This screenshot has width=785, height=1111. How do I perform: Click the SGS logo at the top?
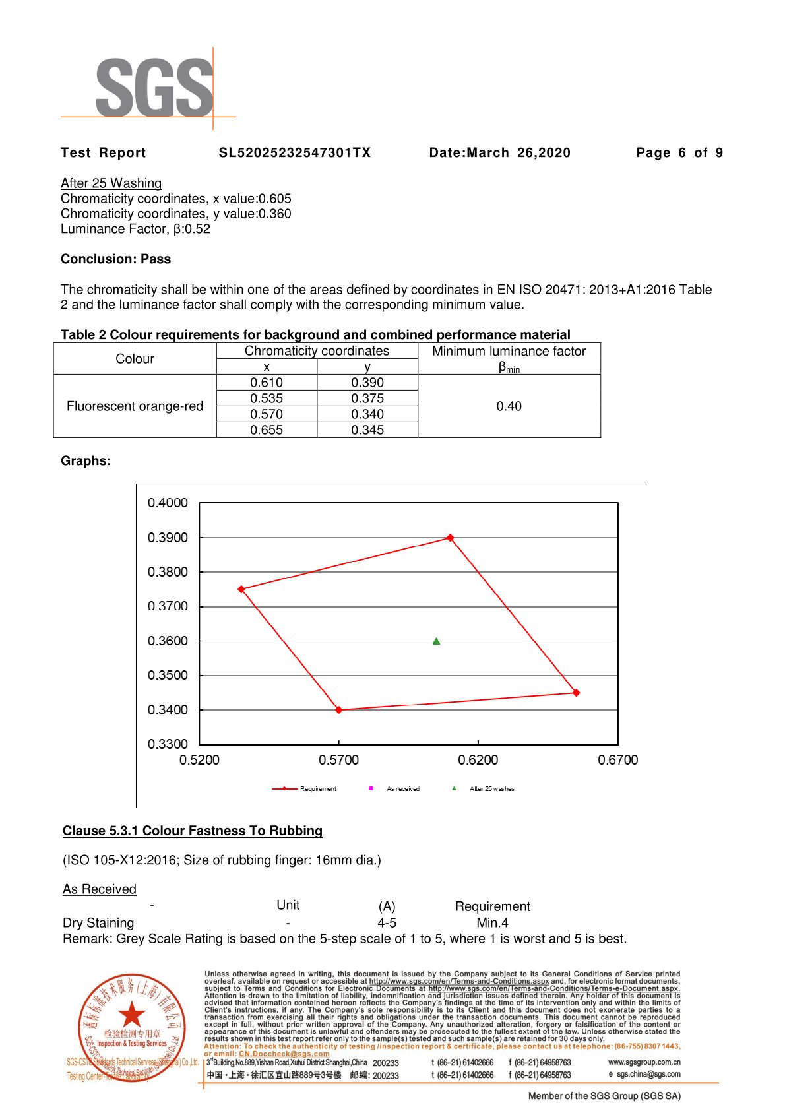point(154,88)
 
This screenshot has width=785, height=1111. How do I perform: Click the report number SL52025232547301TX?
point(295,153)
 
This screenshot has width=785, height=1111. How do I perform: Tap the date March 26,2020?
point(499,153)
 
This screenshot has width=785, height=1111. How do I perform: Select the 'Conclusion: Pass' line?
point(115,259)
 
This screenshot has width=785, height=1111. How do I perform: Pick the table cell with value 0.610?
point(267,383)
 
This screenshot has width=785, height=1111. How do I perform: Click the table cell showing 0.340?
point(367,414)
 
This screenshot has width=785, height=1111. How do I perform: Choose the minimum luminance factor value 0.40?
point(509,406)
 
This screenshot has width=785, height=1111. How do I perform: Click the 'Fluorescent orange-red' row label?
point(135,406)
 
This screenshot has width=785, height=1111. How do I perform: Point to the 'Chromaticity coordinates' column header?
point(317,351)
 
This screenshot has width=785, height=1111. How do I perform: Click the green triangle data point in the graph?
point(436,641)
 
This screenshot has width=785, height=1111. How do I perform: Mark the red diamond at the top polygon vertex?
point(451,538)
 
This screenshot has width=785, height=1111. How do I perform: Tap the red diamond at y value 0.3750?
point(241,589)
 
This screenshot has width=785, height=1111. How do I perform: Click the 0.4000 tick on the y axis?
point(168,503)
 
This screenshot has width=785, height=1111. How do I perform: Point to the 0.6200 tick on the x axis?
point(478,760)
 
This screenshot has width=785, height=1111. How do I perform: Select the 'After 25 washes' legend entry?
point(491,789)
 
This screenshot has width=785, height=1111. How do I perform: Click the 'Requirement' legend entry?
point(317,789)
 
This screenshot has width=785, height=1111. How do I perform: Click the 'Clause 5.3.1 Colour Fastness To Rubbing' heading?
point(193,831)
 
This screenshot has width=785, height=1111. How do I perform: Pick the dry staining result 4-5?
point(387,923)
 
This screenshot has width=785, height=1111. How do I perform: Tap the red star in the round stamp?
point(132,1014)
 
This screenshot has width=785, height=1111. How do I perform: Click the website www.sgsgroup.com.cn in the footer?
point(644,1062)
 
